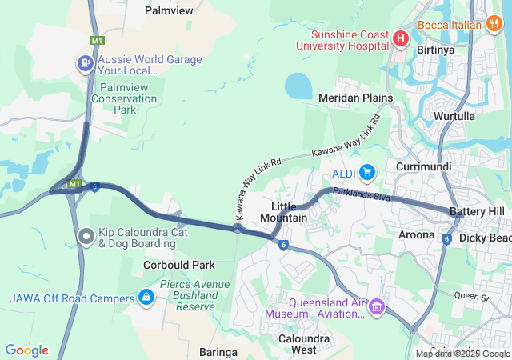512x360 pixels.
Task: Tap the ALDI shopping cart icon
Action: click(x=367, y=172)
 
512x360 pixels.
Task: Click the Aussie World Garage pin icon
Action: click(x=84, y=62)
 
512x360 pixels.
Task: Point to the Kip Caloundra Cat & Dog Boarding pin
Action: click(x=86, y=236)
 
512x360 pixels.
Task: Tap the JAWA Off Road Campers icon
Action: click(x=146, y=298)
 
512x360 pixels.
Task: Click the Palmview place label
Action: click(x=169, y=10)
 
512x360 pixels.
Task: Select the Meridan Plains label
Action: click(x=355, y=98)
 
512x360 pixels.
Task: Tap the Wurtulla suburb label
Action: click(x=454, y=116)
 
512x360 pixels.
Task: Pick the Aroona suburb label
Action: click(x=416, y=234)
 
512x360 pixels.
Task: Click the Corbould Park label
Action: click(x=179, y=265)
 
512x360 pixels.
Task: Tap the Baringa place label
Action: click(x=218, y=351)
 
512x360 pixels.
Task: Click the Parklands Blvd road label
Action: click(x=362, y=194)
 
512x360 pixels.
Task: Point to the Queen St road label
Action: click(x=470, y=297)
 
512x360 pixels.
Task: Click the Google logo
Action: click(x=26, y=350)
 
